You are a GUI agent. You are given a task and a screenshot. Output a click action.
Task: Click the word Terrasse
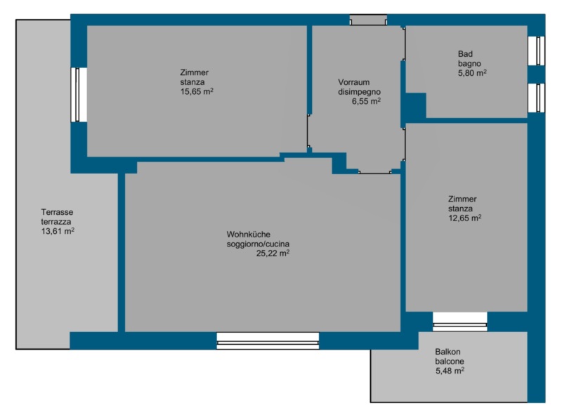[57, 212]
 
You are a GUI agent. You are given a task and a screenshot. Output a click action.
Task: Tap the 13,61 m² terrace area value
[58, 231]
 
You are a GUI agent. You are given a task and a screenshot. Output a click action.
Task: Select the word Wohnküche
[249, 235]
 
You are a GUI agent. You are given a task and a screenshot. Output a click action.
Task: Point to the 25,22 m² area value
[273, 253]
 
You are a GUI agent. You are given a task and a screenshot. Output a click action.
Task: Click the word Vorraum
[354, 82]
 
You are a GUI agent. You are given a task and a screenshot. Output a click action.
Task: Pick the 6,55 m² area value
[366, 101]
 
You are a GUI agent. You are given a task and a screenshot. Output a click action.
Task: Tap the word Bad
[465, 54]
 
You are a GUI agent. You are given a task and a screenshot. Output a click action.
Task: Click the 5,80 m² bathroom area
[472, 73]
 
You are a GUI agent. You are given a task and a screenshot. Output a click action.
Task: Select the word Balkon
[447, 352]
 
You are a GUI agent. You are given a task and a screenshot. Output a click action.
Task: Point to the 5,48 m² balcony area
[450, 371]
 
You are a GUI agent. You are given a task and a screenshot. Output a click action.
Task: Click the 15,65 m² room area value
[197, 91]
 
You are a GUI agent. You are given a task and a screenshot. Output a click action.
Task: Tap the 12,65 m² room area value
[465, 218]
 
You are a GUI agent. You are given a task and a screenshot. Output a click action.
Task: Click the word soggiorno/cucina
[258, 244]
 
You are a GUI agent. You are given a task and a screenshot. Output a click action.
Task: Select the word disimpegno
[359, 92]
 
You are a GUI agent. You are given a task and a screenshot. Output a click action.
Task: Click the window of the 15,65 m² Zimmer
[79, 95]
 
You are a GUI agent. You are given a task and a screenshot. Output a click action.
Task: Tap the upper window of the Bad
[537, 51]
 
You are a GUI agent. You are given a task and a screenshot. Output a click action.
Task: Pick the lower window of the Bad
[537, 98]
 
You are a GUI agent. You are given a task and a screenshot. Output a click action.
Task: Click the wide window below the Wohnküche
[268, 341]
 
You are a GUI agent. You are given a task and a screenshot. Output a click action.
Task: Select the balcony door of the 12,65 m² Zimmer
[460, 322]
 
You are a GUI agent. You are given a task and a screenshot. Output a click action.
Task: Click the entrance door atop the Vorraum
[368, 20]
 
